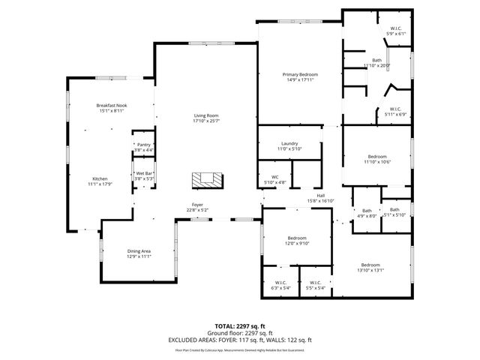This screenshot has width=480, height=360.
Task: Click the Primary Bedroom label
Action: coord(300,74)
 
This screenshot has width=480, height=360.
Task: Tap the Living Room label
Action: coord(204,115)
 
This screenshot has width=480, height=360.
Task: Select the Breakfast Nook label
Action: coord(111,106)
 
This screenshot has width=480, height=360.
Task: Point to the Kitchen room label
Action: coord(100,178)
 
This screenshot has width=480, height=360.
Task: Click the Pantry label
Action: coord(143,145)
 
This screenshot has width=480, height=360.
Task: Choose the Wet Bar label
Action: coord(144,173)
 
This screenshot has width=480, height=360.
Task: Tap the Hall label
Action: coord(320,196)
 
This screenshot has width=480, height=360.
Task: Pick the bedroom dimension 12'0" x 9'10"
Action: coord(298,244)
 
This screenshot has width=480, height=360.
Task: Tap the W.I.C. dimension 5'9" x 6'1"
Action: coord(396,34)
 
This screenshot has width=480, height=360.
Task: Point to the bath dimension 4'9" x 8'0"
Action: coord(367,216)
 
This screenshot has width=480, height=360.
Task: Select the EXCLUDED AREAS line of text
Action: coord(239,340)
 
